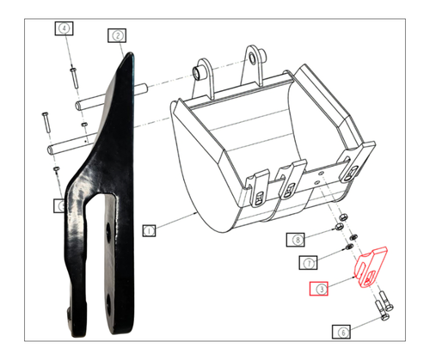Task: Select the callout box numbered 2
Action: point(117,35)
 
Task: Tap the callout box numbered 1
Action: point(149,230)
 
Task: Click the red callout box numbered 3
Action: point(319,290)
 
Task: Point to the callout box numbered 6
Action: point(343,330)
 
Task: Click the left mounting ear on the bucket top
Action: point(205,70)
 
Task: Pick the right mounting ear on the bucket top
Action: point(254,61)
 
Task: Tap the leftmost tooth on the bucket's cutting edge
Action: point(256,190)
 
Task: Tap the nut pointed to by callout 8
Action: point(341,231)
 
